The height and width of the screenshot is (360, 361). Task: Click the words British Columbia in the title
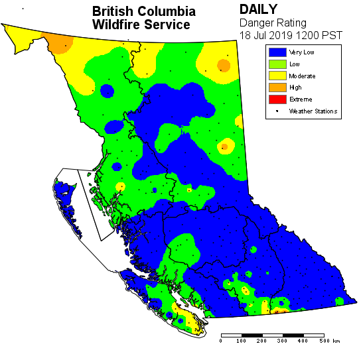(x=144, y=11)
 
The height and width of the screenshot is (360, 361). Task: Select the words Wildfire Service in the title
(x=141, y=25)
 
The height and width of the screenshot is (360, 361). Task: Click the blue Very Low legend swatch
(x=277, y=52)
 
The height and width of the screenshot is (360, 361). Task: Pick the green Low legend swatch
(x=277, y=64)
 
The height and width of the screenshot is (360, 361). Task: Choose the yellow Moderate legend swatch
(x=277, y=76)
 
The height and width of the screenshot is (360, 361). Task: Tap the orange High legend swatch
(x=277, y=88)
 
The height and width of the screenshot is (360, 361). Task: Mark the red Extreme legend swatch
(x=277, y=99)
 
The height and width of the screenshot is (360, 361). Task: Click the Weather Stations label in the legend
(x=313, y=111)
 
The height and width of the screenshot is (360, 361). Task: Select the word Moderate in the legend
(x=302, y=76)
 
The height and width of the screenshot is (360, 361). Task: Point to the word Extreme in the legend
(x=301, y=99)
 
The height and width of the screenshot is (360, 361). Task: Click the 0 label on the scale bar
(x=220, y=341)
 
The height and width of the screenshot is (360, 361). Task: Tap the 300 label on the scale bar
(x=282, y=341)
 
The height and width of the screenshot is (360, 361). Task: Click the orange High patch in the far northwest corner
(x=61, y=44)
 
